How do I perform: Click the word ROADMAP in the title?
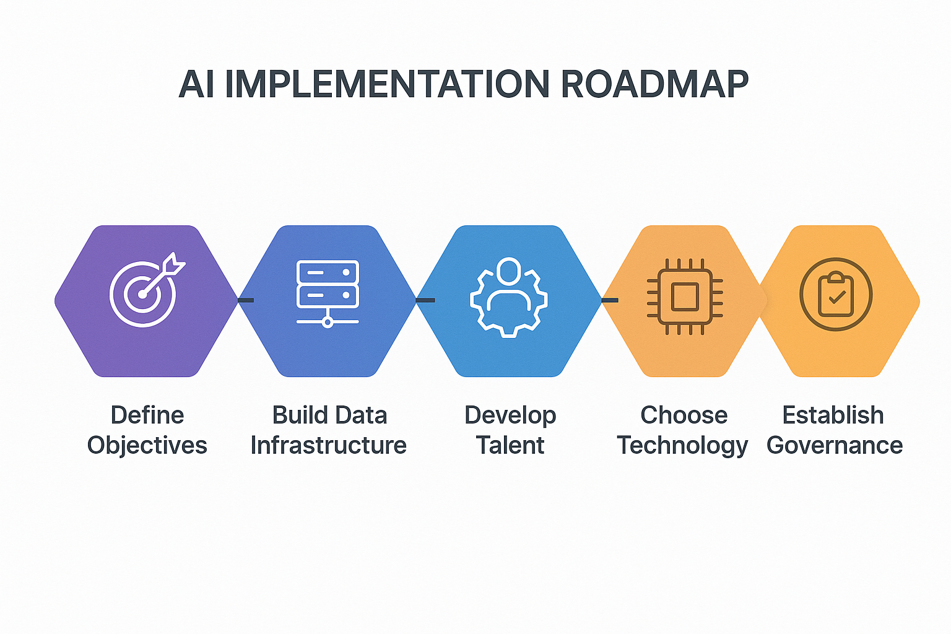[x=654, y=84]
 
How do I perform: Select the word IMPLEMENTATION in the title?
[x=386, y=84]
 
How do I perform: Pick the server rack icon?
[x=328, y=293]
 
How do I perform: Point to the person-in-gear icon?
[x=508, y=296]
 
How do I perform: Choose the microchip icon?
[x=685, y=296]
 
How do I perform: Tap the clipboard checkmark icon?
[x=836, y=294]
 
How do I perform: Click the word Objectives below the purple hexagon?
[x=147, y=446]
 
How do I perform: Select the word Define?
[x=147, y=415]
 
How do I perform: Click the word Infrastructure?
[x=328, y=446]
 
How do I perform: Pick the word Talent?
[x=510, y=446]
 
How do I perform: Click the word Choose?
[x=684, y=415]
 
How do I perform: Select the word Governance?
[x=835, y=446]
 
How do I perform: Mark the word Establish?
[x=833, y=415]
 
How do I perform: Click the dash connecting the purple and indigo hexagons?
[x=246, y=300]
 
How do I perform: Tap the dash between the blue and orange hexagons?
[x=610, y=300]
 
